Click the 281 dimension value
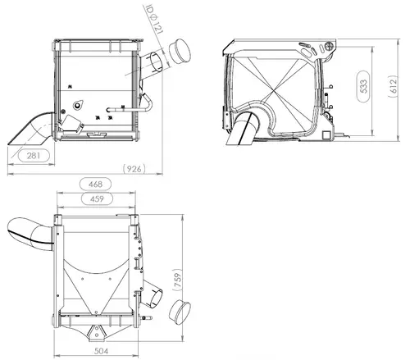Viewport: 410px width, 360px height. coord(34,156)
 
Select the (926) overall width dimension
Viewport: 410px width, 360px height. coord(134,169)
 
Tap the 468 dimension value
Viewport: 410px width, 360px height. coord(95,185)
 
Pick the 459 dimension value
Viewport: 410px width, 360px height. coord(97,198)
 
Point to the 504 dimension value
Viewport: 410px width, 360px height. coord(101,351)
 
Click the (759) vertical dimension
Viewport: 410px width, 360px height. coord(178,280)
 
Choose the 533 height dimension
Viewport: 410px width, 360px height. coord(364,86)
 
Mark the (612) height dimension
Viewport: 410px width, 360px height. coord(393,86)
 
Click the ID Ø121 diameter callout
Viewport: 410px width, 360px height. coord(154,19)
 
